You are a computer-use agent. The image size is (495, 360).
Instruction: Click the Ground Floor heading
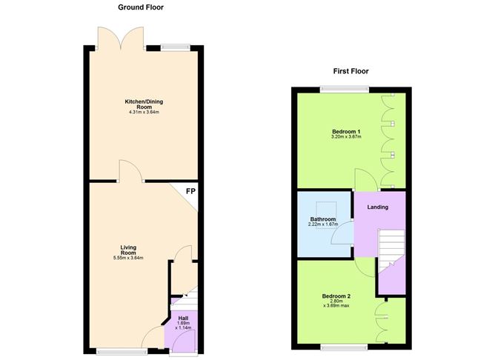pyautogui.click(x=141, y=7)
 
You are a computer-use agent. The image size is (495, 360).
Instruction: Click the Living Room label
pyautogui.click(x=129, y=250)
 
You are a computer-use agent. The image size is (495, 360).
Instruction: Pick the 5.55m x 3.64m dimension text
pyautogui.click(x=129, y=258)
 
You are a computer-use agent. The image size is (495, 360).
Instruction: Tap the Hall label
pyautogui.click(x=183, y=319)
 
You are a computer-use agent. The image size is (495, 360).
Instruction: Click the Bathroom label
pyautogui.click(x=323, y=220)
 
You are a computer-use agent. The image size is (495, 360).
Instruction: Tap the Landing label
pyautogui.click(x=378, y=207)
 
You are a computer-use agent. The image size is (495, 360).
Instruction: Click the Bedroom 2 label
pyautogui.click(x=336, y=296)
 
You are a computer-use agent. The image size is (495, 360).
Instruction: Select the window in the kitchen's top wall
pyautogui.click(x=175, y=48)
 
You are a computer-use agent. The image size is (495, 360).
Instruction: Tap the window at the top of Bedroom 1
pyautogui.click(x=345, y=90)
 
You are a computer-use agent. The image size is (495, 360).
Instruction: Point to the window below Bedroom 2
pyautogui.click(x=344, y=345)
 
